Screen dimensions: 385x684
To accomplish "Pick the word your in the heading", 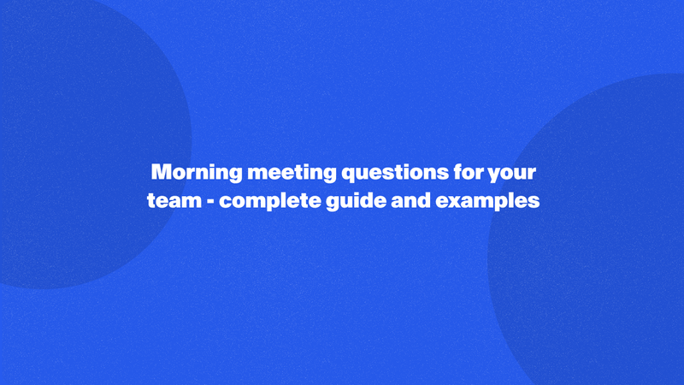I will (x=511, y=172).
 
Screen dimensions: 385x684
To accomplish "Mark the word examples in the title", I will (x=488, y=203).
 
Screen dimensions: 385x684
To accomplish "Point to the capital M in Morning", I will (x=161, y=172).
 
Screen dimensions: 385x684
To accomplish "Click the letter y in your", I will (x=493, y=174).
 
